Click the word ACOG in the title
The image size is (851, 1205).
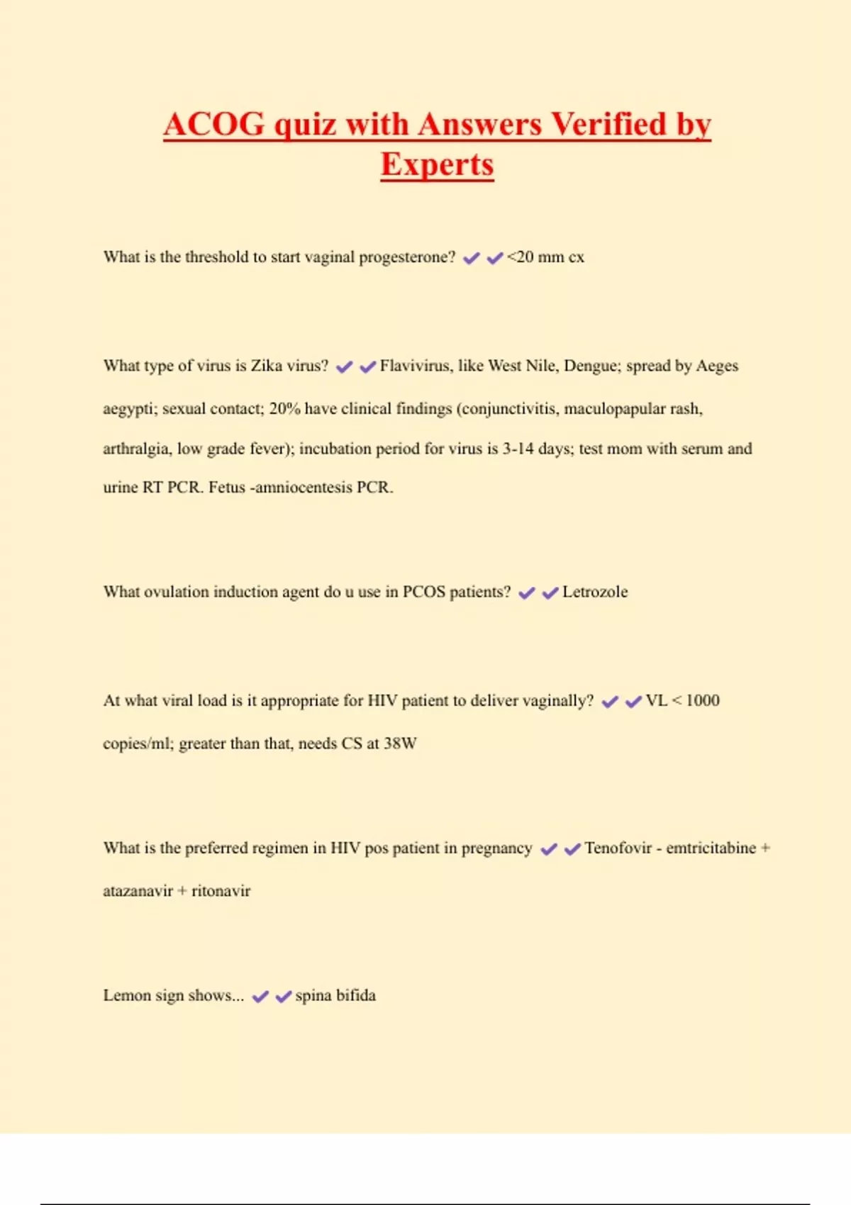(214, 125)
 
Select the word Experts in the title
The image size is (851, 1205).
(437, 165)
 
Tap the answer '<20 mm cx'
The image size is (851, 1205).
(545, 257)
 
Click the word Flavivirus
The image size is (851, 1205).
(415, 366)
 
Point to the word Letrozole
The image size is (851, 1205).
(595, 592)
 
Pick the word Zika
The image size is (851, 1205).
(267, 366)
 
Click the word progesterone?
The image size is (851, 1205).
(407, 257)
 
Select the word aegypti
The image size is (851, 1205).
(128, 409)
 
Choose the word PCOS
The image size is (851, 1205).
(424, 592)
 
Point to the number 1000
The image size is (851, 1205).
(703, 701)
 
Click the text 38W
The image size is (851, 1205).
(400, 744)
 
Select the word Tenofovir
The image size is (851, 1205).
(618, 848)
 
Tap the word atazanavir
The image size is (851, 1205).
(138, 891)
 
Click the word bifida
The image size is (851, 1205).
(355, 995)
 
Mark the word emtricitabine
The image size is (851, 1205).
(711, 848)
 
